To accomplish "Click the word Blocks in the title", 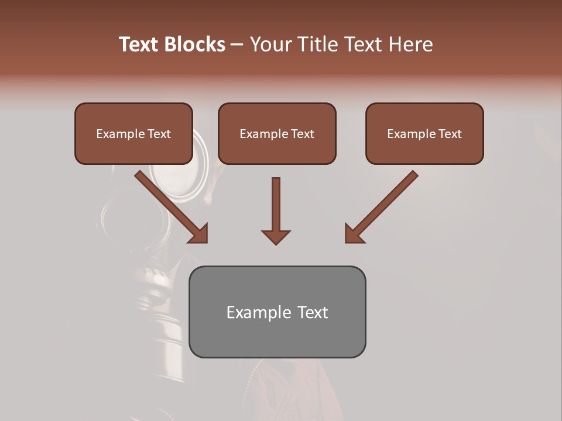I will pyautogui.click(x=195, y=44).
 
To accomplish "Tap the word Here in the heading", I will pyautogui.click(x=410, y=44).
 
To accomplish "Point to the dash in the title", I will pyautogui.click(x=237, y=45).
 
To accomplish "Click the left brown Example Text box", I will pyautogui.click(x=133, y=134).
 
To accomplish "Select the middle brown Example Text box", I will pyautogui.click(x=277, y=134).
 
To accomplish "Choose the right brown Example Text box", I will pyautogui.click(x=424, y=134).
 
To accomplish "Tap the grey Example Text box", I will pyautogui.click(x=277, y=312).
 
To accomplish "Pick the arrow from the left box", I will pyautogui.click(x=170, y=205).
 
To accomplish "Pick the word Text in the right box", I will pyautogui.click(x=450, y=134).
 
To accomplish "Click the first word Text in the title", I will pyautogui.click(x=139, y=44).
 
